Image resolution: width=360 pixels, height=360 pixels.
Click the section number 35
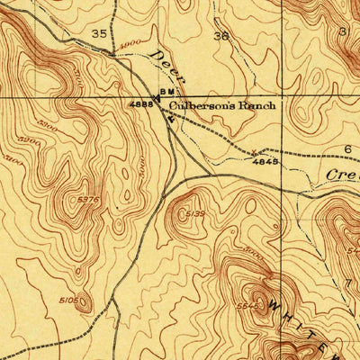tap(99, 33)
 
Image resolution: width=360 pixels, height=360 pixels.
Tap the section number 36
tap(220, 37)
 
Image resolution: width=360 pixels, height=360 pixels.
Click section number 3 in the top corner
tap(343, 31)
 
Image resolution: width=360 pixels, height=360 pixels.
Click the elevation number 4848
tap(264, 164)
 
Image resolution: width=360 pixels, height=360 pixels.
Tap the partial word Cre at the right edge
tap(341, 174)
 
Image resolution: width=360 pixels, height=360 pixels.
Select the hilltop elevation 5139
tap(195, 214)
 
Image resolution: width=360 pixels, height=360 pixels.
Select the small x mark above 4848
tap(254, 151)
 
